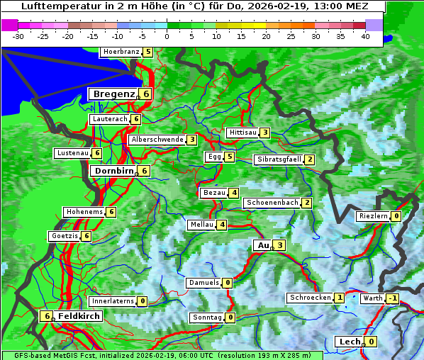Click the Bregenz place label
click(x=113, y=94)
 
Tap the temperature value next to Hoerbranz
click(x=147, y=52)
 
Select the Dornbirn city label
click(x=113, y=171)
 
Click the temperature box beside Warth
click(x=392, y=298)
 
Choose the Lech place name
click(x=350, y=342)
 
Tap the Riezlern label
click(x=374, y=216)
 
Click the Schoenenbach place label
click(x=272, y=203)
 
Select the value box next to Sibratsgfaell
click(x=309, y=159)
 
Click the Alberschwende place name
click(x=157, y=140)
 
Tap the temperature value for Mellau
click(x=222, y=225)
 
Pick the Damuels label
click(x=203, y=283)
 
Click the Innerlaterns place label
click(x=113, y=301)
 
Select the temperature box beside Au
click(x=280, y=245)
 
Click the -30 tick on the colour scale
click(x=19, y=35)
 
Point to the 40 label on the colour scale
click(x=365, y=35)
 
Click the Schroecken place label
click(x=310, y=298)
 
